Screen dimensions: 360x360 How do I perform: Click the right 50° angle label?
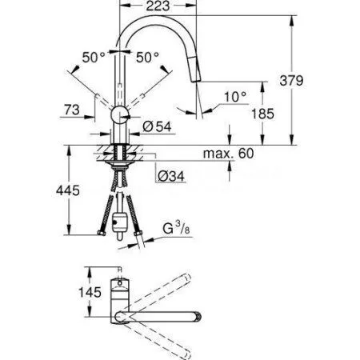pos(147,58)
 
